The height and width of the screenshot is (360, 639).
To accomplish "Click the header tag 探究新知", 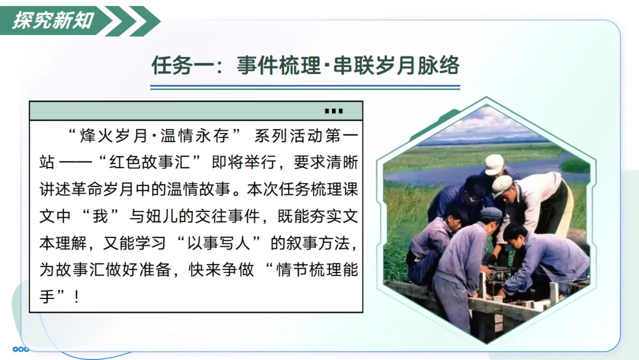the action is [53, 20].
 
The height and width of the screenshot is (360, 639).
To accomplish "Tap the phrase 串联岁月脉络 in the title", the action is [396, 65].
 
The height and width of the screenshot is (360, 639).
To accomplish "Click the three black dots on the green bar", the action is [334, 111].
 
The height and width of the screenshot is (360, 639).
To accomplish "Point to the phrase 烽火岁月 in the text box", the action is [114, 136].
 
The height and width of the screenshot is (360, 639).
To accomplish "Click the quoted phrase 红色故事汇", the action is [150, 162].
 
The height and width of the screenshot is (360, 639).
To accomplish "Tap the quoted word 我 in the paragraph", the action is [100, 216].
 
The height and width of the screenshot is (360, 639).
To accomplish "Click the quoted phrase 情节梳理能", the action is [317, 269].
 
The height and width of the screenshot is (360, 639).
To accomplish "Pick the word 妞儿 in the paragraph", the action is [154, 216].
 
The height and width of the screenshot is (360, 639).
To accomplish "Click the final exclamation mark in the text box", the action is [76, 297].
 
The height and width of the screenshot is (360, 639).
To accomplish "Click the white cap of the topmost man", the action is [495, 163].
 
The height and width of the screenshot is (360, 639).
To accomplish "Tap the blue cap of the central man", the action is [490, 213].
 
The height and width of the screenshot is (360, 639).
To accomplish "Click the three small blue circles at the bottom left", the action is [21, 349].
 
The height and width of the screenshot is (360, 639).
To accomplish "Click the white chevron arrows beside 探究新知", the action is [133, 21].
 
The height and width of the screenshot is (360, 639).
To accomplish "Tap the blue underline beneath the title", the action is [305, 87].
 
